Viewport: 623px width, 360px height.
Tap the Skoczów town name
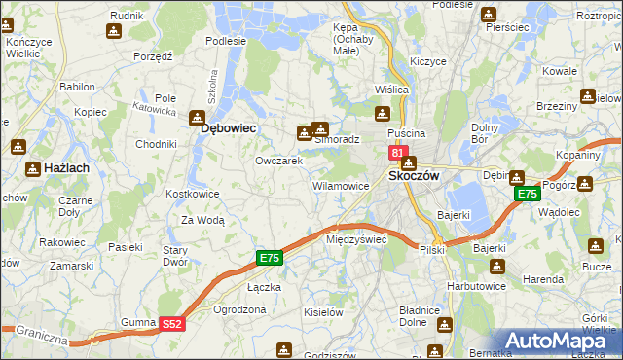pos(415,176)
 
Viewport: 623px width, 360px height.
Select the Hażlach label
pos(65,168)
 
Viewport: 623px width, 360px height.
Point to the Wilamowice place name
pos(339,185)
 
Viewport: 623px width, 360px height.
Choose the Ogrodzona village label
pos(239,309)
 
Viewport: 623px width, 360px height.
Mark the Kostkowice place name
pos(193,194)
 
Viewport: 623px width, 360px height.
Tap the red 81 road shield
pos(397,153)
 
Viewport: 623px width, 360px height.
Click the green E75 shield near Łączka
pos(270,258)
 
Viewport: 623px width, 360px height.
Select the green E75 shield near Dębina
pos(527,195)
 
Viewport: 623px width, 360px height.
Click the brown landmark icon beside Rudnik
pos(114,31)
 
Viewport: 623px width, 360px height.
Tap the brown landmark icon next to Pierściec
pos(489,14)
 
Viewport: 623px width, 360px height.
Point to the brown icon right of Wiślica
pos(383,113)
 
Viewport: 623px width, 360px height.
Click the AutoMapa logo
pos(562,341)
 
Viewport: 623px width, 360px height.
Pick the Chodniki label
pos(156,144)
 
